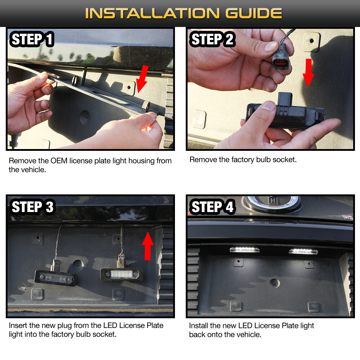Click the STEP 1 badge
(32, 39)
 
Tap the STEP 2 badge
(212, 39)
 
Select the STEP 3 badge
(32, 207)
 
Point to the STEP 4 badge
(212, 207)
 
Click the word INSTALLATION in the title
(152, 13)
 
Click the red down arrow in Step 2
(308, 73)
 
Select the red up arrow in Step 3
(148, 246)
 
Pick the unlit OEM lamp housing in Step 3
(55, 278)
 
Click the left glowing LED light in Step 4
(244, 250)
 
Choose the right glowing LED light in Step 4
(303, 251)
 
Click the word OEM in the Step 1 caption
(59, 161)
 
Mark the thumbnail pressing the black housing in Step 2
(268, 106)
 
